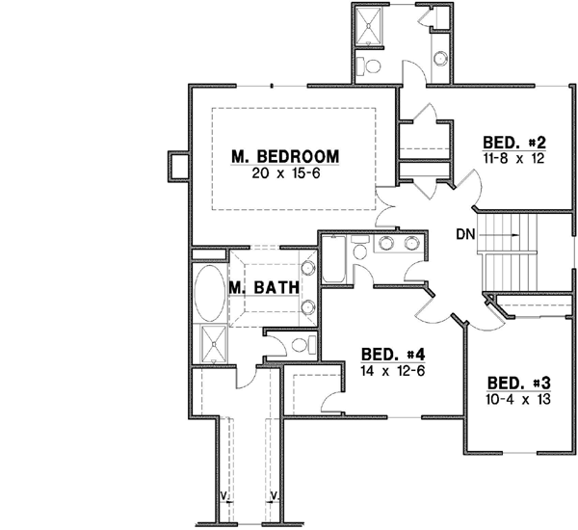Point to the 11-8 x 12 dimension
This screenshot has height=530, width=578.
(514, 157)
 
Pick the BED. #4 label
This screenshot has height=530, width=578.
(392, 353)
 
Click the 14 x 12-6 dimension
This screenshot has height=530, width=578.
(392, 369)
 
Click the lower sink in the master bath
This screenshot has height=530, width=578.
(309, 307)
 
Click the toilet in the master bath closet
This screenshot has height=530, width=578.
(297, 344)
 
